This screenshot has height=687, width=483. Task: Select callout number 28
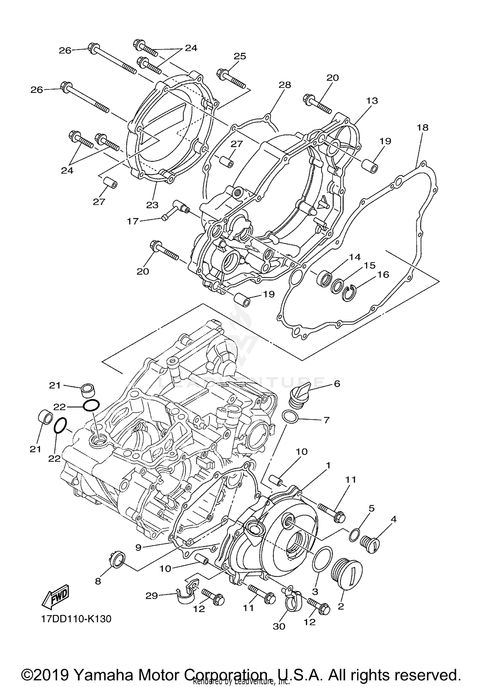coord(285,85)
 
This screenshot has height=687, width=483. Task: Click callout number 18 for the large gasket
coord(422,127)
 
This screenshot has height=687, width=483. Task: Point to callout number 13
coord(372,101)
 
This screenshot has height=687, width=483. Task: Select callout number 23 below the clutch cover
coord(152,205)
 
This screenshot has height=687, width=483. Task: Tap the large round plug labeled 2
coord(346,574)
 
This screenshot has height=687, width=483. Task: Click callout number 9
coord(138,547)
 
